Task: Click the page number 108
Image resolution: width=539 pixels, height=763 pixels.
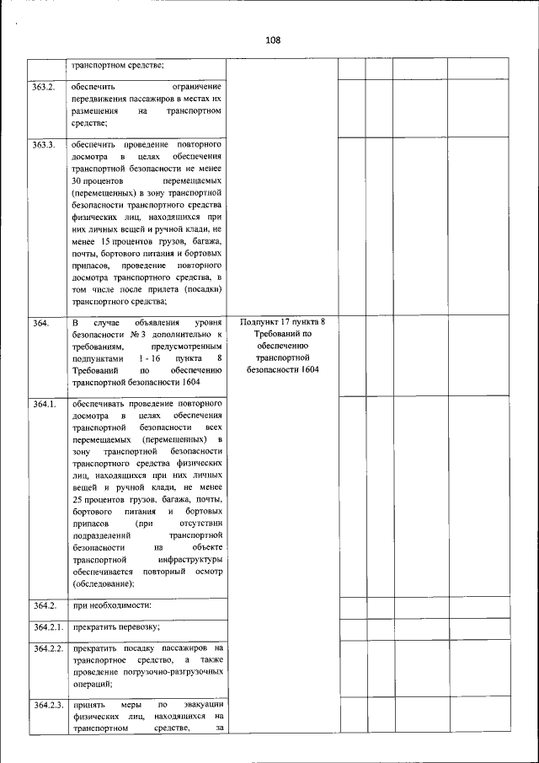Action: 271,40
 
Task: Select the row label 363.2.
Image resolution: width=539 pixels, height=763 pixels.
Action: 44,87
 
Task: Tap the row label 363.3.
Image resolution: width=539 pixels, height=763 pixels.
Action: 44,145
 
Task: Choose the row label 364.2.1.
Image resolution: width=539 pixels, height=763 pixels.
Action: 48,626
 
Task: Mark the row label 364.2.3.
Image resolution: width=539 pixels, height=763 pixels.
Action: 48,704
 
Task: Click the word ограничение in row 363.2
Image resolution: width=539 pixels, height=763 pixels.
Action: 195,87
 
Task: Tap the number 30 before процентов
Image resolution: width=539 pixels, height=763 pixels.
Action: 78,181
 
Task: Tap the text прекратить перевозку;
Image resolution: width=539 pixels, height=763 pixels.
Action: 116,626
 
